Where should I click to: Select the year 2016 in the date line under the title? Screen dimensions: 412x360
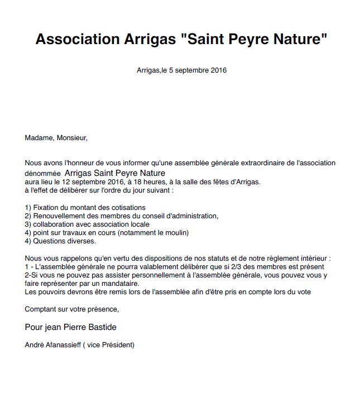pyautogui.click(x=218, y=70)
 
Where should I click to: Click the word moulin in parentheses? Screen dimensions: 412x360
pyautogui.click(x=178, y=233)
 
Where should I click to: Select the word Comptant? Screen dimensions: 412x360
pyautogui.click(x=42, y=309)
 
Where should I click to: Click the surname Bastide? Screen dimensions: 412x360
pyautogui.click(x=102, y=327)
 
